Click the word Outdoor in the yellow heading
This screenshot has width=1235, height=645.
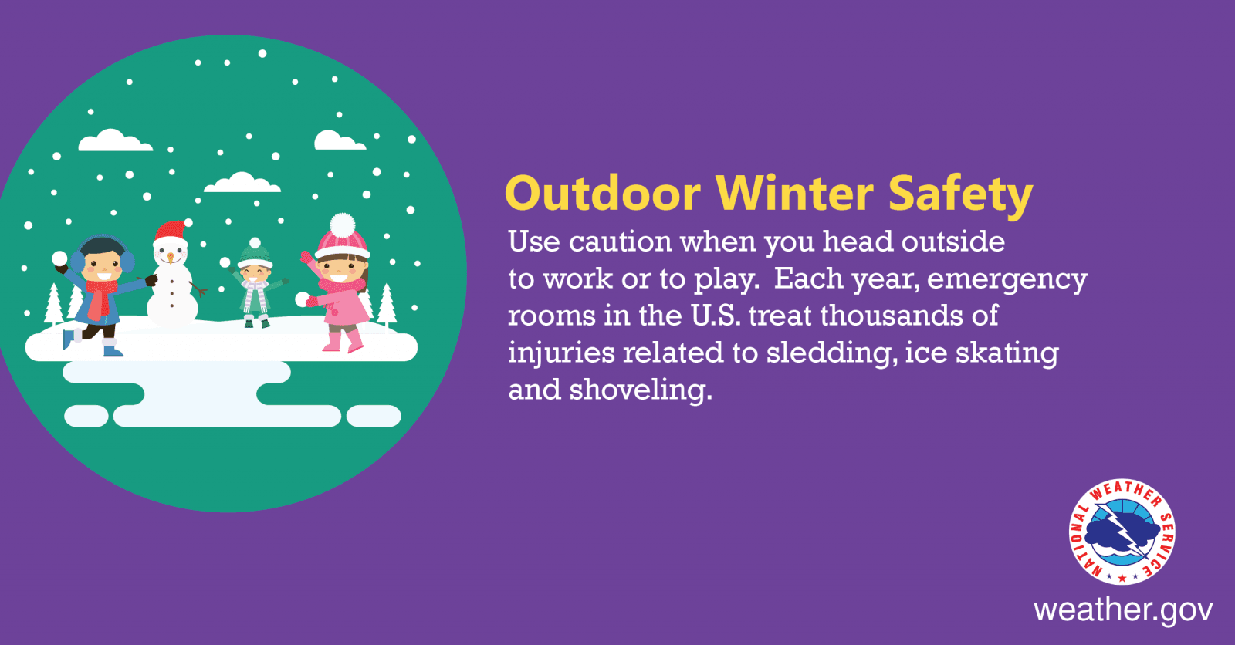[603, 194]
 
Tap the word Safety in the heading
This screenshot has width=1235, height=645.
[960, 196]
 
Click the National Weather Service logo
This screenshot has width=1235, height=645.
[1122, 532]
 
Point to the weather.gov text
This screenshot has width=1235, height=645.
[1123, 610]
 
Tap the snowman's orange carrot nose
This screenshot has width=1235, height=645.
[171, 257]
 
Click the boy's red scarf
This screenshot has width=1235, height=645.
[100, 299]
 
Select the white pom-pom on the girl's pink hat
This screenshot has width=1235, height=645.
[343, 225]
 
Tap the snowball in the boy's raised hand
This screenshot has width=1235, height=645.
[59, 258]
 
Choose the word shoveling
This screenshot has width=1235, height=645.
[641, 390]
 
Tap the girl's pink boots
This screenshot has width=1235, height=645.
[343, 340]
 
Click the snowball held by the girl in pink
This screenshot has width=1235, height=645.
[302, 299]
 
